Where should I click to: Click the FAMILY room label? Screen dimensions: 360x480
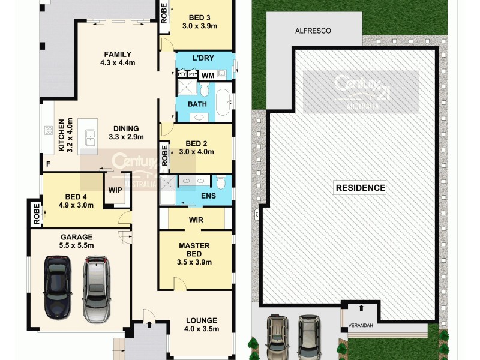(118, 55)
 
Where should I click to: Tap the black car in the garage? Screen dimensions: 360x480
(57, 289)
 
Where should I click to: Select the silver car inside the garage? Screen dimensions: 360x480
(97, 289)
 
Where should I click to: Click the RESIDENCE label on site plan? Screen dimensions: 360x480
(360, 188)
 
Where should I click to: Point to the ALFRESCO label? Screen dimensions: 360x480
(313, 31)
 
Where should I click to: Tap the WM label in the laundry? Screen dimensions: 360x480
(207, 76)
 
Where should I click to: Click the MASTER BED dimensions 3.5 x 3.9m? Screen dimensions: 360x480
(194, 262)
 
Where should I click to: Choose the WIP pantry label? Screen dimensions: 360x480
(115, 190)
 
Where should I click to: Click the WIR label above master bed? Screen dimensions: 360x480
(196, 220)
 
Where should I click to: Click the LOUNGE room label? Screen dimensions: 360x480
(202, 320)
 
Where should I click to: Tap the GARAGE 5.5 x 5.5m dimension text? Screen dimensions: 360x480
(77, 245)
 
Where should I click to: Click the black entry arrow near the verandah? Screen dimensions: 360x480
(361, 308)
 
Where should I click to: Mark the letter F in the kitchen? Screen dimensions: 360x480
(48, 164)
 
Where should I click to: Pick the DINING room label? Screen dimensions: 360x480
(124, 128)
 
